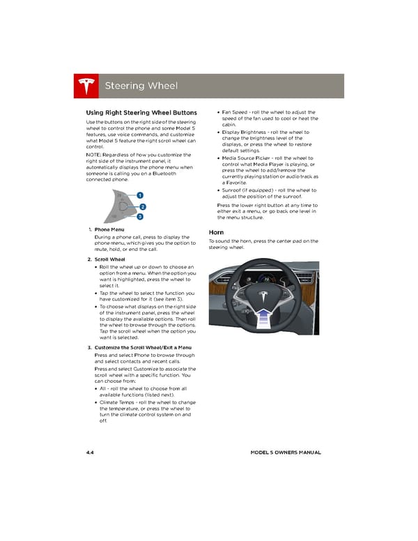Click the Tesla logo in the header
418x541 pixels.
(86, 86)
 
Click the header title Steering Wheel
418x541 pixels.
(141, 86)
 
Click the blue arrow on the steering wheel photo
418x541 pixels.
(265, 319)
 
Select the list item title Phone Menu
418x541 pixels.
(109, 229)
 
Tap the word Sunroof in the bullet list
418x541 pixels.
(234, 190)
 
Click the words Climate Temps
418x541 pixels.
(117, 402)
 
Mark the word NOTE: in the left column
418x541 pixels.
(93, 154)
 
